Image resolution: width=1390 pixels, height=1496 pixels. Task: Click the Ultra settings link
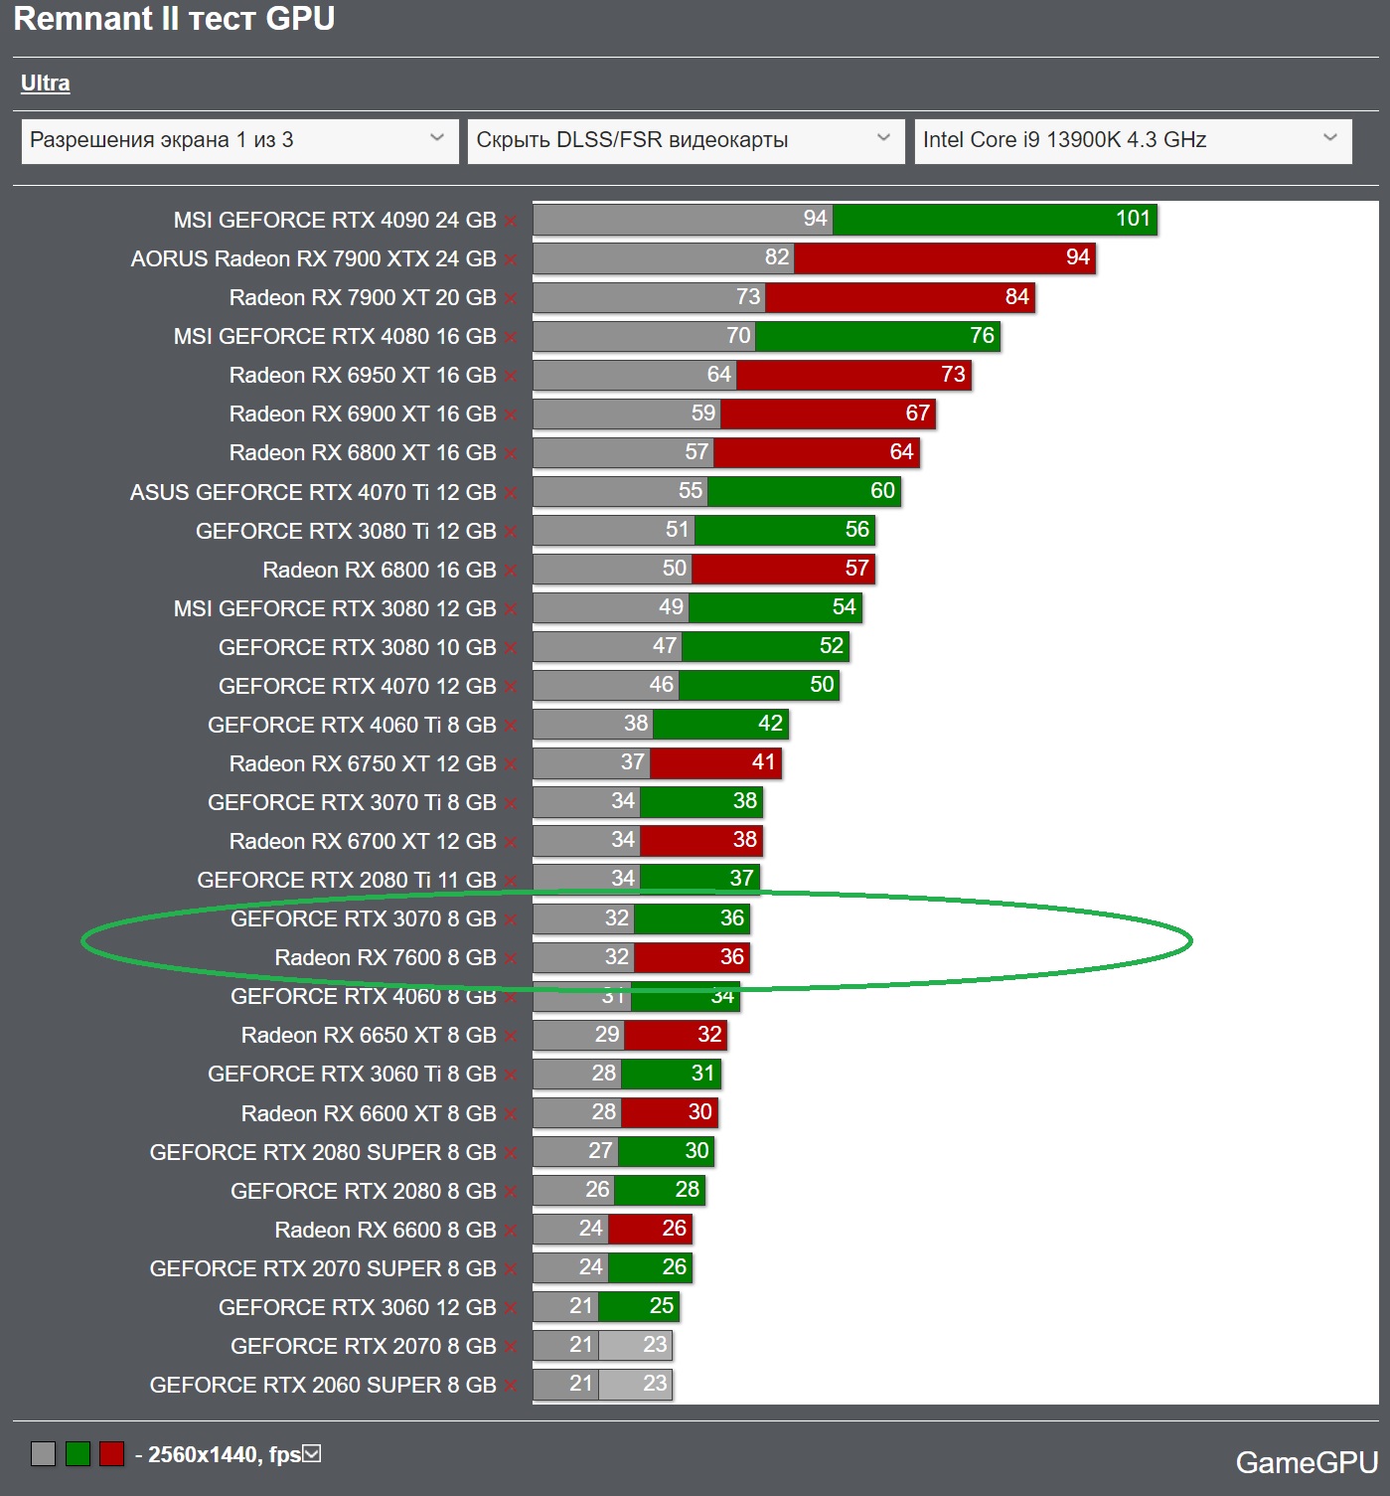pyautogui.click(x=45, y=83)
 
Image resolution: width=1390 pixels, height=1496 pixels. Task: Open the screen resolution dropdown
pyautogui.click(x=239, y=140)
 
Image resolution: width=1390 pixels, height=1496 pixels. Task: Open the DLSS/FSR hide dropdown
pyautogui.click(x=686, y=140)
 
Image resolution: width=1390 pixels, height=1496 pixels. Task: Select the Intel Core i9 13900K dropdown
pyautogui.click(x=1133, y=140)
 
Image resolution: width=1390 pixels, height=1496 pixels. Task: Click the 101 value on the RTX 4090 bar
pyautogui.click(x=1133, y=219)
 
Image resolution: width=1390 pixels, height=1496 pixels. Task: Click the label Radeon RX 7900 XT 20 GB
pyautogui.click(x=362, y=297)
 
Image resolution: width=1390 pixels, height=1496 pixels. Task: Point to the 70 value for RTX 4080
pyautogui.click(x=738, y=336)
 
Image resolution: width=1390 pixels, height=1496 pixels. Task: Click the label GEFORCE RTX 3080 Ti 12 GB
pyautogui.click(x=345, y=531)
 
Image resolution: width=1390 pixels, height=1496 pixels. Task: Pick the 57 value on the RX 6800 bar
pyautogui.click(x=856, y=569)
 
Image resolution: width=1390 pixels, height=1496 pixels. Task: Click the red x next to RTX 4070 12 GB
pyautogui.click(x=511, y=687)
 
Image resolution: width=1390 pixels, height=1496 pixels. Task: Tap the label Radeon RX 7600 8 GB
pyautogui.click(x=385, y=957)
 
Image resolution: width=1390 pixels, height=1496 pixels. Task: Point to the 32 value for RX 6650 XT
pyautogui.click(x=709, y=1035)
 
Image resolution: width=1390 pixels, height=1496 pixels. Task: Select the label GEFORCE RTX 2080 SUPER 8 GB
pyautogui.click(x=322, y=1152)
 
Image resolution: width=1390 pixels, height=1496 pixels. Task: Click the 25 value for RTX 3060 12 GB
pyautogui.click(x=661, y=1306)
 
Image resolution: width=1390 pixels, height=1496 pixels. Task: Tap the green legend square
pyautogui.click(x=77, y=1454)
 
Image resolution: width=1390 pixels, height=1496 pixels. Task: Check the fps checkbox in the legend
pyautogui.click(x=312, y=1454)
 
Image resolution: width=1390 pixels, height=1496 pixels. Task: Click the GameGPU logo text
pyautogui.click(x=1306, y=1462)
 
